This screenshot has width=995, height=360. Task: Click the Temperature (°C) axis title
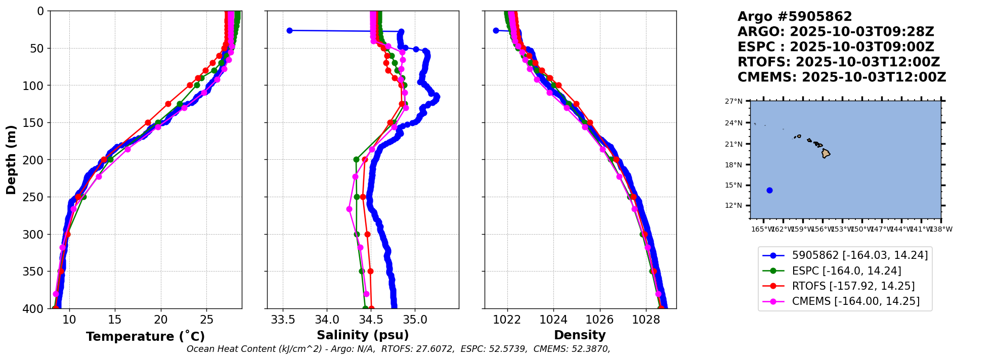[x=145, y=337]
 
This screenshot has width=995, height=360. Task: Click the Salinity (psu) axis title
[x=363, y=335]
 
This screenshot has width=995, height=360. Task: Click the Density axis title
[x=580, y=335]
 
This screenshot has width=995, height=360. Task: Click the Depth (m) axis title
[x=11, y=160]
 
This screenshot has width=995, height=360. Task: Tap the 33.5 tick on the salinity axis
[x=283, y=320]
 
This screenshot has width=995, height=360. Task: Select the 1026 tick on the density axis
[x=600, y=320]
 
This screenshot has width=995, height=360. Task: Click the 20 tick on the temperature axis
[x=161, y=320]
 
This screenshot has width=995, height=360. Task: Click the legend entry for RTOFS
[x=853, y=286]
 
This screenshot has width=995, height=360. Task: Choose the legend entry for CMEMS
[x=855, y=301]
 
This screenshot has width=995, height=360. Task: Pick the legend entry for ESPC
[x=846, y=271]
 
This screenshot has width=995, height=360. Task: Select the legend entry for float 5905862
[x=859, y=256]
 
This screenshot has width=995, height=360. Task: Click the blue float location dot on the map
[x=769, y=191]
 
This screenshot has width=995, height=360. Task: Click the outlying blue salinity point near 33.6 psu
[x=289, y=30]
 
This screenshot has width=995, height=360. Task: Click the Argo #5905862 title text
[x=794, y=17]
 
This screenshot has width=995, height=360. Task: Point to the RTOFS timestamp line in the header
[x=838, y=62]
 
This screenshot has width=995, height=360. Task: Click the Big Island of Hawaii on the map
[x=826, y=153]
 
